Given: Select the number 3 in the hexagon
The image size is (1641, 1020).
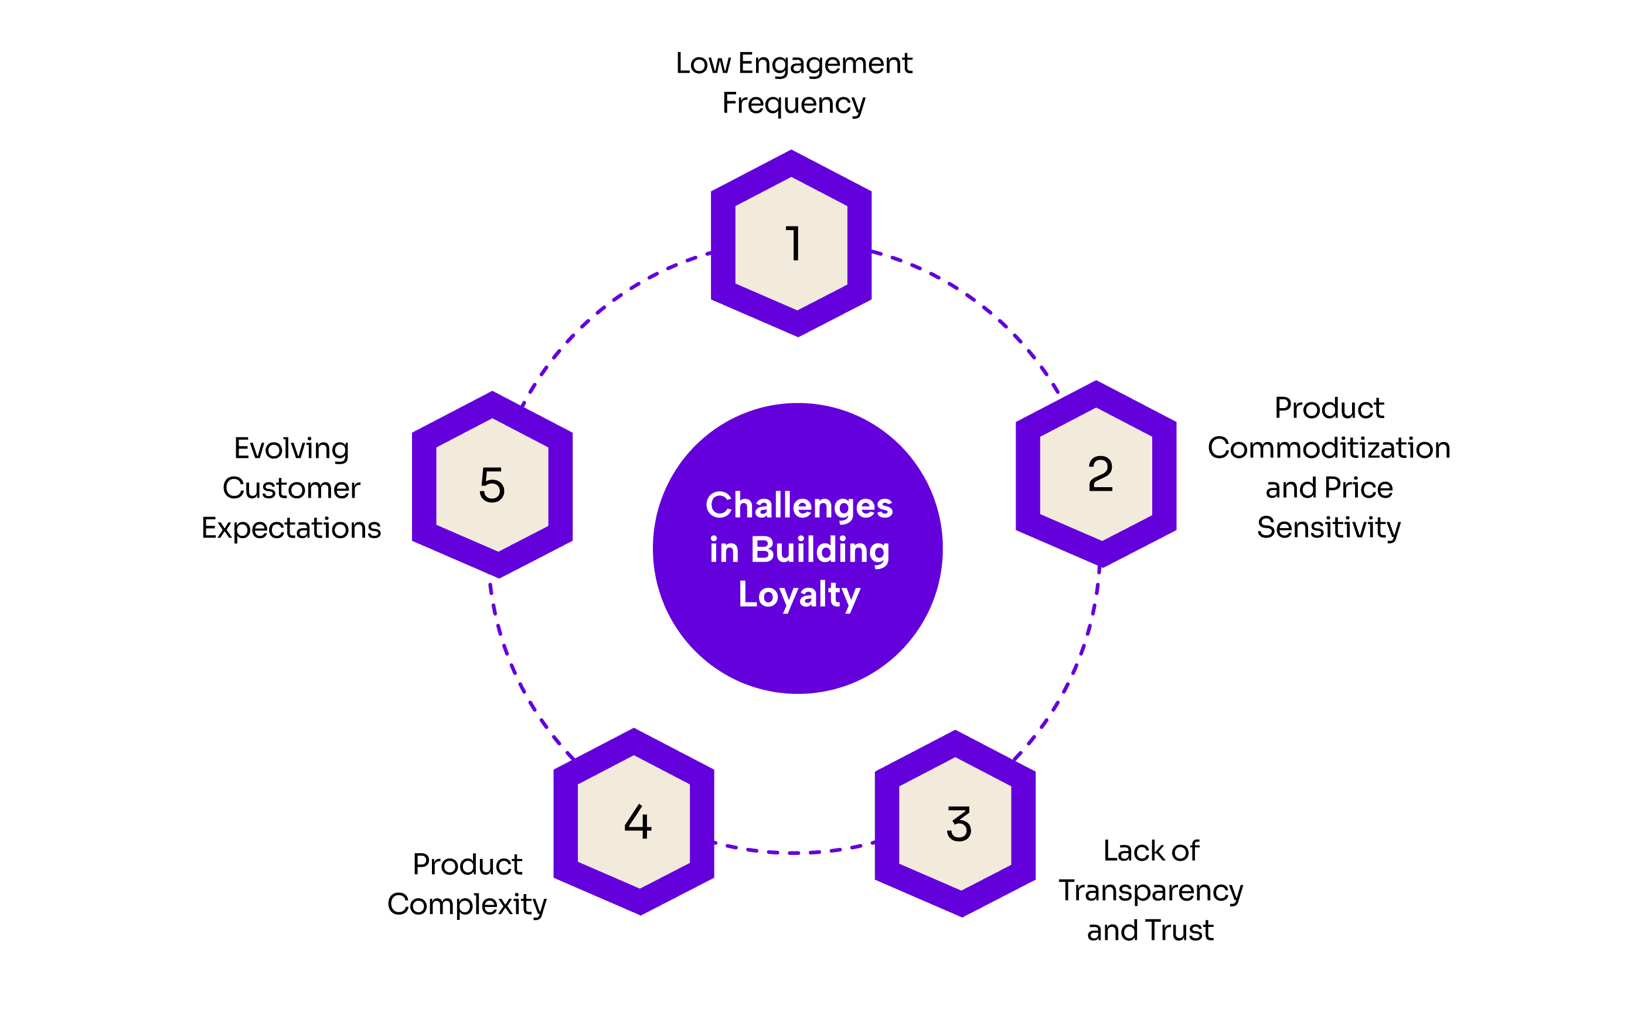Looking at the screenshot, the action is tap(959, 824).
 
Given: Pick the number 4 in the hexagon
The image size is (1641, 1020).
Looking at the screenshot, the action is tap(638, 822).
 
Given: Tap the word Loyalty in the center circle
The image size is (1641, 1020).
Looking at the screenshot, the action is tap(799, 595).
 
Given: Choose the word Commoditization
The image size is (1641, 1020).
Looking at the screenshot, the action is tap(1329, 448).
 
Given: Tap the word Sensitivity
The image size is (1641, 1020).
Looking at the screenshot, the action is tap(1329, 528).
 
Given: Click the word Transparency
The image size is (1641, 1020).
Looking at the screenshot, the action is tap(1150, 891).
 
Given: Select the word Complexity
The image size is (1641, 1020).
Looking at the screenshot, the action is tap(467, 905).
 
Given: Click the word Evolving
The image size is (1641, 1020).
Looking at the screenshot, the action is tap(292, 449).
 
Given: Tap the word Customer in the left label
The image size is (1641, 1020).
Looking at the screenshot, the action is tap(292, 488).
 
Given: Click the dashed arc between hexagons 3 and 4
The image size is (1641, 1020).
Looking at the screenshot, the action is tap(795, 853).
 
